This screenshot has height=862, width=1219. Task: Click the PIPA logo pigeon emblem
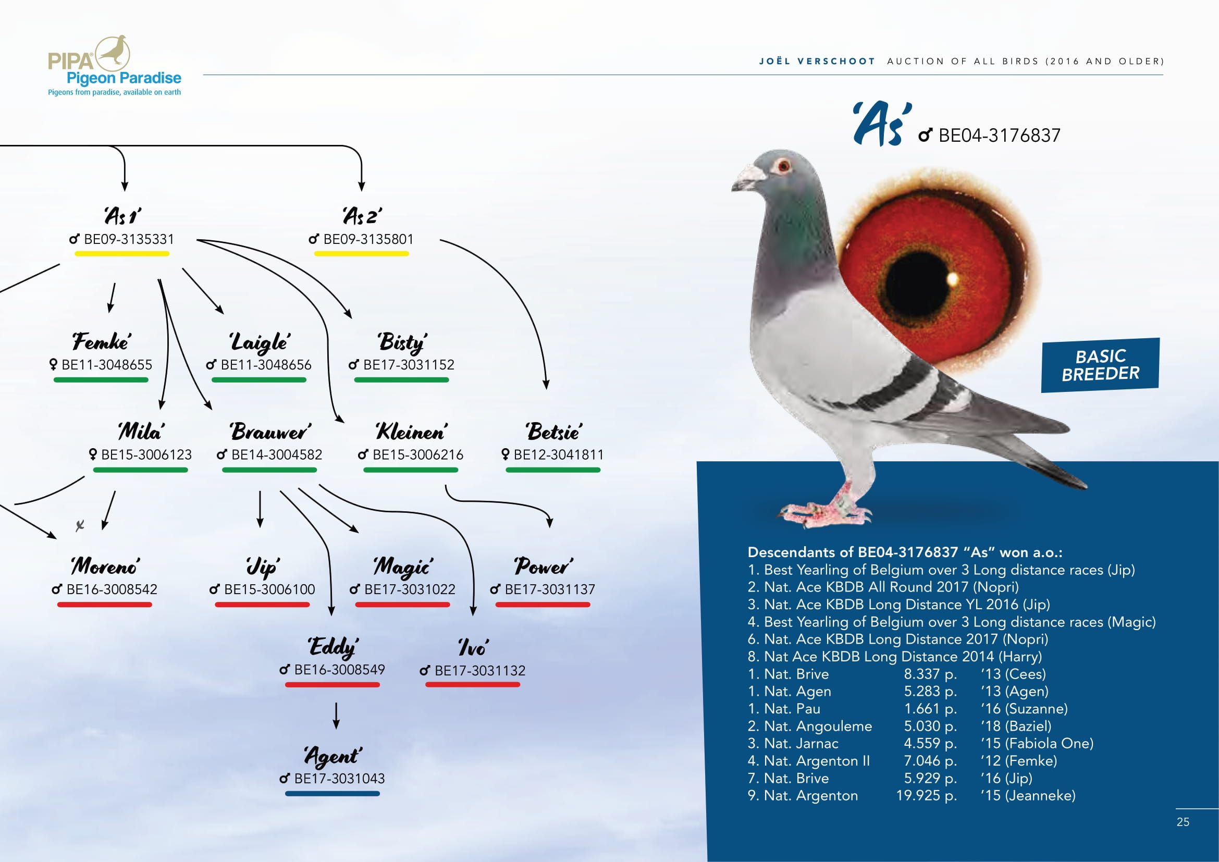pyautogui.click(x=113, y=53)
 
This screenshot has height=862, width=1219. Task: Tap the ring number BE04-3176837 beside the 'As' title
pyautogui.click(x=999, y=136)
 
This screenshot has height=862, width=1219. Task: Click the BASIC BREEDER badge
pyautogui.click(x=1100, y=365)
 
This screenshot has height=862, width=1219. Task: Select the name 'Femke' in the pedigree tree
pyautogui.click(x=102, y=341)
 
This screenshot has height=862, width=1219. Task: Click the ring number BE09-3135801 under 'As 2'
pyautogui.click(x=368, y=239)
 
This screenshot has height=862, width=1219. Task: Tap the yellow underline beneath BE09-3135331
pyautogui.click(x=121, y=254)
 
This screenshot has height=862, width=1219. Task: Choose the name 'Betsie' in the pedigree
pyautogui.click(x=554, y=432)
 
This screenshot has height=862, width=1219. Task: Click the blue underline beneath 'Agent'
pyautogui.click(x=333, y=794)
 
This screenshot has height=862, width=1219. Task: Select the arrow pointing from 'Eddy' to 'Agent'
pyautogui.click(x=336, y=716)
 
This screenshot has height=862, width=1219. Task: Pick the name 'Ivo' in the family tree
pyautogui.click(x=473, y=647)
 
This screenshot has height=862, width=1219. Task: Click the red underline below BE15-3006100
pyautogui.click(x=262, y=605)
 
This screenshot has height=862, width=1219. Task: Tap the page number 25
pyautogui.click(x=1183, y=822)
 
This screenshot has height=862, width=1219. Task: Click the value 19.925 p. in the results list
pyautogui.click(x=927, y=795)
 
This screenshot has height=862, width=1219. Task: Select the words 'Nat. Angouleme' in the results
pyautogui.click(x=818, y=726)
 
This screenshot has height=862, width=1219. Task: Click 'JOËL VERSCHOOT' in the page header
pyautogui.click(x=817, y=61)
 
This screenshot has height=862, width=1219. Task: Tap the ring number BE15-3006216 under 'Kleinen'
pyautogui.click(x=418, y=455)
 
